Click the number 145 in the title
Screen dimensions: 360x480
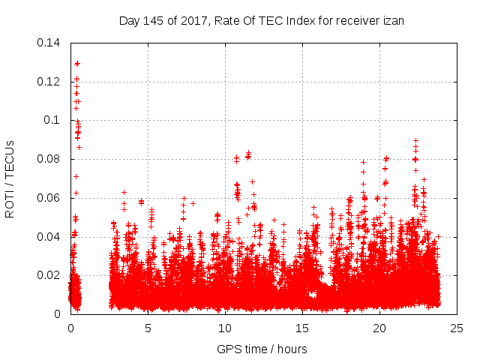tap(151, 21)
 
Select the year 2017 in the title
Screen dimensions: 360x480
tap(191, 21)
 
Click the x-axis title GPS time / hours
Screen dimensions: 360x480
tap(262, 349)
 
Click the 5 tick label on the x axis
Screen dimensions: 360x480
tap(148, 328)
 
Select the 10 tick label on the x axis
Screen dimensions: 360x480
tap(225, 328)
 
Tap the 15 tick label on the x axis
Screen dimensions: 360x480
tap(302, 328)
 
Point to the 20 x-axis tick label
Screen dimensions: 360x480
tap(379, 328)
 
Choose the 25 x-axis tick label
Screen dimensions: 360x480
tap(457, 328)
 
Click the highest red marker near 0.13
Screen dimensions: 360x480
tap(77, 64)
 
